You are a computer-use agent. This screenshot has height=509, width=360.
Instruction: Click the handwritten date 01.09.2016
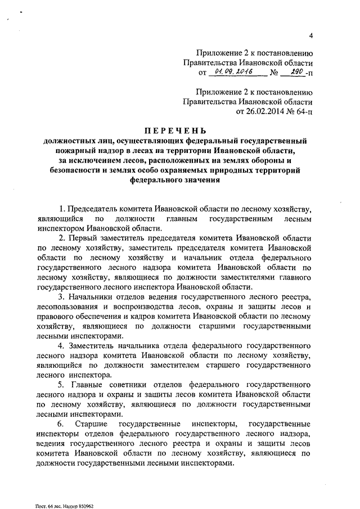coord(232,73)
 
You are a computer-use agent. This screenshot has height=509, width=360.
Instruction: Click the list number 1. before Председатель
coord(63,209)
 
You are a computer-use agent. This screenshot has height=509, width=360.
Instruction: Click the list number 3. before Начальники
coord(63,296)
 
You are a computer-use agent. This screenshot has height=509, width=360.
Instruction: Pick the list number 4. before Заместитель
coord(63,344)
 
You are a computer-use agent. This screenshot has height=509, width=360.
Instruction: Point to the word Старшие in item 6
coord(99,422)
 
